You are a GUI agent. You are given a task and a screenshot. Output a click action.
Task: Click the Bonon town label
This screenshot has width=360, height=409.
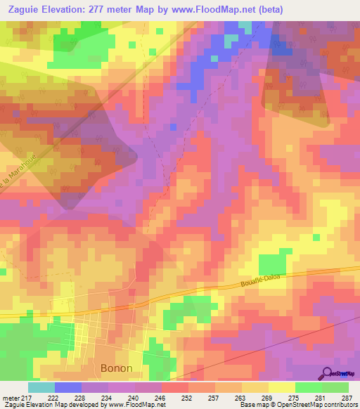coord(117,368)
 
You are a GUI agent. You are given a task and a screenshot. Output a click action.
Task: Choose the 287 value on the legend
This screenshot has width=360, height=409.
coord(347,397)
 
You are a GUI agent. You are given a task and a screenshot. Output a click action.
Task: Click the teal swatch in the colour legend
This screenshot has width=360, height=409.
coord(41,387)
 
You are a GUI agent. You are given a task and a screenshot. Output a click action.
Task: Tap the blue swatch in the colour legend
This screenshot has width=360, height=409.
coord(68,387)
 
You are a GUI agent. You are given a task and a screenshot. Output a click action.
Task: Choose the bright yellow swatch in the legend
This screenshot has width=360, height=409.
coord(282,387)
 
